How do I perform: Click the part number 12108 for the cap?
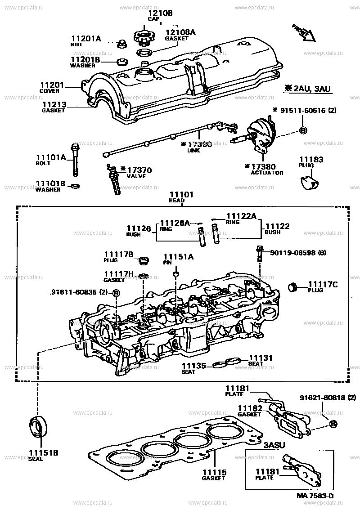(160, 13)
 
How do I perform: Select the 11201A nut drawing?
(121, 44)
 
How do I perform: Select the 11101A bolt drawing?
(75, 160)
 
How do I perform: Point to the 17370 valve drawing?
(114, 179)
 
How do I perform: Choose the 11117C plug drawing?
(293, 286)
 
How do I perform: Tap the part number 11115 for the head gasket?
(214, 473)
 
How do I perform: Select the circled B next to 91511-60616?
(303, 130)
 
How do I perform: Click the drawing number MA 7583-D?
(315, 496)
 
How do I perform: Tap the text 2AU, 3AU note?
(308, 89)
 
